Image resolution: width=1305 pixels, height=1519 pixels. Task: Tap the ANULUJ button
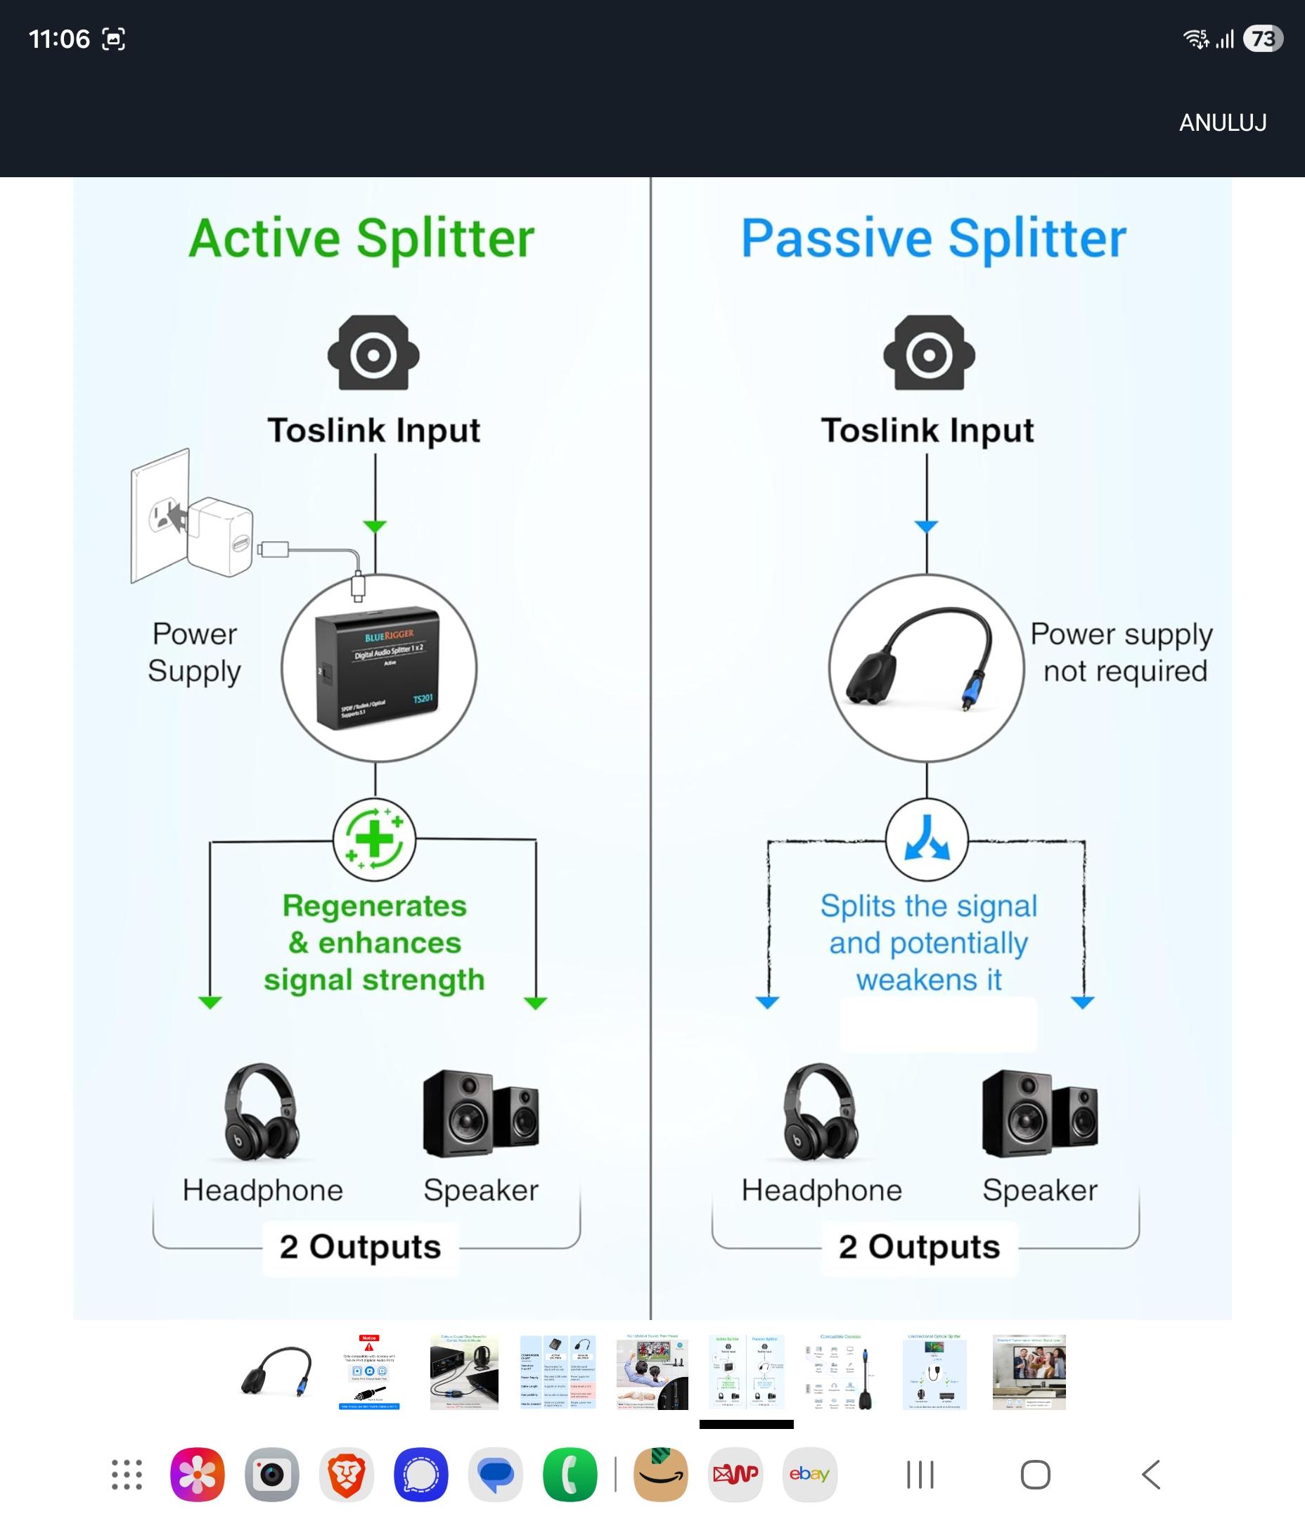point(1222,122)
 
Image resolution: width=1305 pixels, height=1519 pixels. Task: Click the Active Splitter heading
point(361,238)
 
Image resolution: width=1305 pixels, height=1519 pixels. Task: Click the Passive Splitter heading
point(932,238)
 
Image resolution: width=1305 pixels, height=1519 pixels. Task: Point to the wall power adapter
point(219,537)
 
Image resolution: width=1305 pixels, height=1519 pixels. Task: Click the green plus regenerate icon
point(374,839)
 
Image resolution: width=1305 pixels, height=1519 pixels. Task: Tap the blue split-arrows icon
point(927,839)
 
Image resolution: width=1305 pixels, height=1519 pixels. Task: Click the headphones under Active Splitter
point(261,1112)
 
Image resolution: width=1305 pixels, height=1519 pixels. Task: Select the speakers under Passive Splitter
point(1040,1114)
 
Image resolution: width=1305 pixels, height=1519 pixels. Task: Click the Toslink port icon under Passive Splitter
point(929,353)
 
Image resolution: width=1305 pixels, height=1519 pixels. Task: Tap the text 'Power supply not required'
point(1121,653)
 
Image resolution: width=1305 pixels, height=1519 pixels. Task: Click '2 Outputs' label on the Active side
point(360,1247)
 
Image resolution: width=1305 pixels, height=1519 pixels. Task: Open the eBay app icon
point(809,1473)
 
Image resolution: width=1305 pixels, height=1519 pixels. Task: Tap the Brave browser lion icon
point(346,1473)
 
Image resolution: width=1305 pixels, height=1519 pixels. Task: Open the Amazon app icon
point(660,1473)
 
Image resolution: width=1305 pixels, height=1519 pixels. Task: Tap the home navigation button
point(1035,1474)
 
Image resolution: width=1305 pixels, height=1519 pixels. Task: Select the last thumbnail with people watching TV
point(1029,1371)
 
